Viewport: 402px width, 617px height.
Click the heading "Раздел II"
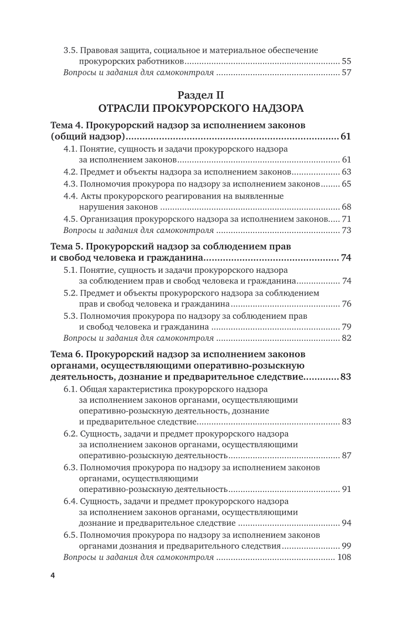click(200, 95)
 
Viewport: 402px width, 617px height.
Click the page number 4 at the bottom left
click(53, 575)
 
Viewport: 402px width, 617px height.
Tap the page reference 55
click(347, 61)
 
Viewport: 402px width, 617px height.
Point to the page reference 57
click(347, 73)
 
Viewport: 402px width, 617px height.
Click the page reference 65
click(347, 183)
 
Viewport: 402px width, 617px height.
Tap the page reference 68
click(347, 207)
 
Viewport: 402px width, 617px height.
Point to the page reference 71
click(347, 219)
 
